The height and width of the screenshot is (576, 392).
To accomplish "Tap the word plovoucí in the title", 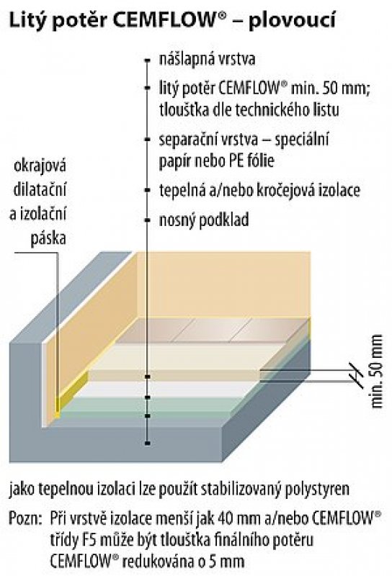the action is pyautogui.click(x=292, y=22).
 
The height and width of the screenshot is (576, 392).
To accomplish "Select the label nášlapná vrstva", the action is pyautogui.click(x=207, y=59).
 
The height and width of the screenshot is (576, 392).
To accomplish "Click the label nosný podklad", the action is pyautogui.click(x=204, y=220).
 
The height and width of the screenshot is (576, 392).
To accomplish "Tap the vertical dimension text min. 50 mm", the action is pyautogui.click(x=377, y=372).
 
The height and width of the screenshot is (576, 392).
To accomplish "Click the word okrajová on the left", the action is pyautogui.click(x=40, y=166).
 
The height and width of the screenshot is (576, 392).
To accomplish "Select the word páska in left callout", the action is pyautogui.click(x=48, y=239).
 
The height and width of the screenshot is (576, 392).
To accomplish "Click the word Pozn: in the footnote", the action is pyautogui.click(x=24, y=518).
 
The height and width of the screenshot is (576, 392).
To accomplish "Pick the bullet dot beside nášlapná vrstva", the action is pyautogui.click(x=148, y=60).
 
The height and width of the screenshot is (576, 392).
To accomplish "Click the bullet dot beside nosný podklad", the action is pyautogui.click(x=148, y=220).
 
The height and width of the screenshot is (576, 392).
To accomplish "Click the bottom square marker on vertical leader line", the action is pyautogui.click(x=148, y=444).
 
